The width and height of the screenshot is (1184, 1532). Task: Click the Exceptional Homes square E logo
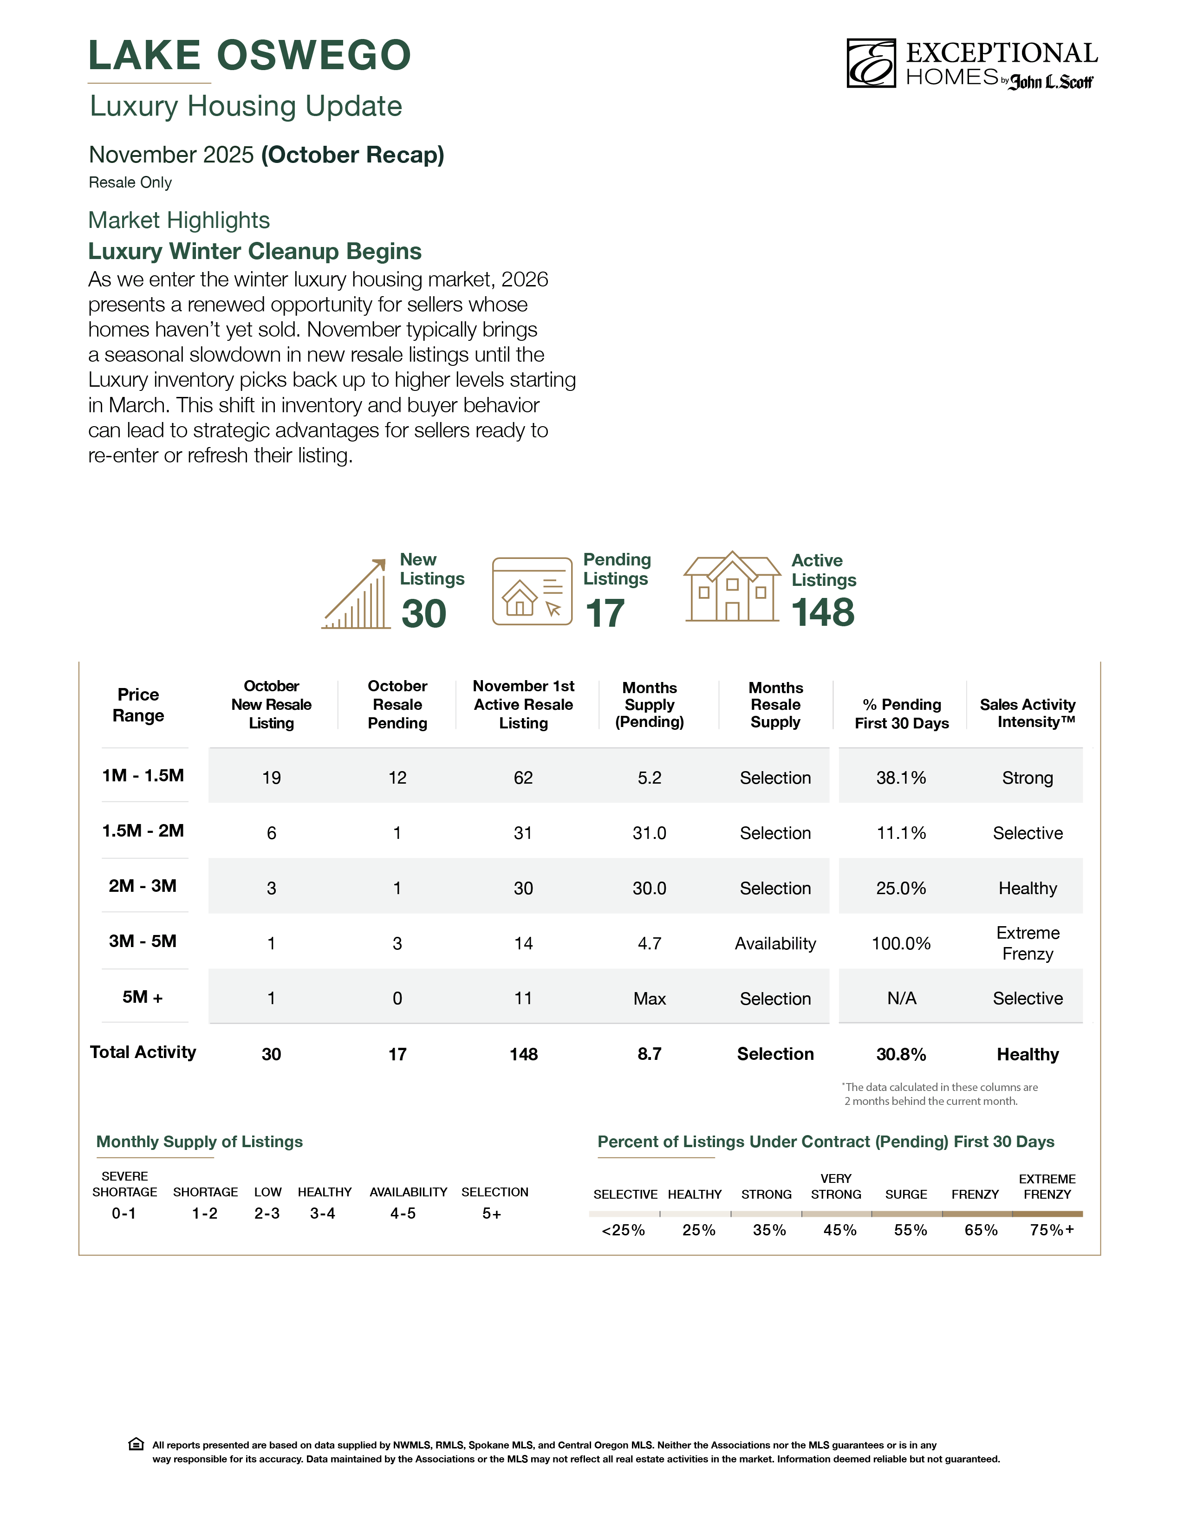(x=871, y=63)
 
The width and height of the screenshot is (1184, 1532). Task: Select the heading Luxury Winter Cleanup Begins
(x=254, y=251)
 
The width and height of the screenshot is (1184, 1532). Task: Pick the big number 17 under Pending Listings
(x=605, y=614)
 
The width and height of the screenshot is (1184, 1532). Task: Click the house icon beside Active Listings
(x=732, y=587)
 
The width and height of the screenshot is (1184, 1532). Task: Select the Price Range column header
(x=138, y=705)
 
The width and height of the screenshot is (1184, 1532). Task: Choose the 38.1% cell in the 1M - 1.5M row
(x=901, y=777)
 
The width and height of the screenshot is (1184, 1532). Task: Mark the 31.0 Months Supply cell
(x=650, y=833)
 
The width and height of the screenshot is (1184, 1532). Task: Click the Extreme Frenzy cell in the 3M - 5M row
(x=1027, y=943)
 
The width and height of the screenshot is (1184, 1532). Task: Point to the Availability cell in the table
(x=775, y=943)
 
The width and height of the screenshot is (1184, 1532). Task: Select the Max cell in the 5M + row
(x=650, y=998)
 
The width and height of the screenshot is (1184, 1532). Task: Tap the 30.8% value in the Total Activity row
(x=901, y=1054)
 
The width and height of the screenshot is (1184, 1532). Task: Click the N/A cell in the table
(x=901, y=998)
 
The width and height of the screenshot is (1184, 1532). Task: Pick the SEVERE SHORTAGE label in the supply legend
(x=125, y=1184)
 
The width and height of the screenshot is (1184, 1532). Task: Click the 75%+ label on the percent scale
(x=1051, y=1230)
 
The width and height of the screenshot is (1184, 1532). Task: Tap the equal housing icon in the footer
(x=136, y=1444)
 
